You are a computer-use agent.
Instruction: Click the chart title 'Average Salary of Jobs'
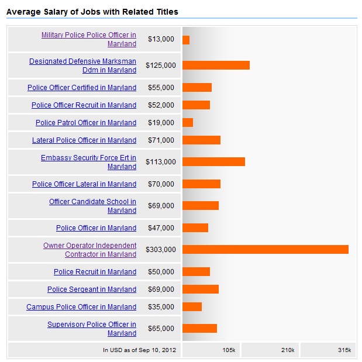[x=92, y=12]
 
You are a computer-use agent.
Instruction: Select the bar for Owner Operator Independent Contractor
[x=265, y=250]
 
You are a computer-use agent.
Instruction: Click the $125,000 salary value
[x=161, y=65]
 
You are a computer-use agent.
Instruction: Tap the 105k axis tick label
[x=229, y=350]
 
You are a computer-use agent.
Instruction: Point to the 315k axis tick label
[x=344, y=350]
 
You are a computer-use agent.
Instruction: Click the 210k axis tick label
[x=287, y=350]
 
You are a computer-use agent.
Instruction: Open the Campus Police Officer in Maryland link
[x=81, y=307]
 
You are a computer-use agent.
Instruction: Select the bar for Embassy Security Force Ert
[x=213, y=162]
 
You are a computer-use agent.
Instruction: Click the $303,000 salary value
[x=161, y=250]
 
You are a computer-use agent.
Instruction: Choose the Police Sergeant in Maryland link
[x=92, y=289]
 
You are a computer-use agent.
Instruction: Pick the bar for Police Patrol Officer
[x=188, y=123]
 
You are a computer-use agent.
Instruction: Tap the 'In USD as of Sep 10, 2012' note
[x=139, y=350]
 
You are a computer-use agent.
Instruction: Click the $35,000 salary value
[x=161, y=307]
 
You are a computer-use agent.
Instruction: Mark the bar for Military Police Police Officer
[x=186, y=40]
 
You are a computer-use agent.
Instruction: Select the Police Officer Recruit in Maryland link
[x=84, y=105]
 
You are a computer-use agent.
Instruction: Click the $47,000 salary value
[x=161, y=228]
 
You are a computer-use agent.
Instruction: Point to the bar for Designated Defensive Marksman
[x=216, y=65]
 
